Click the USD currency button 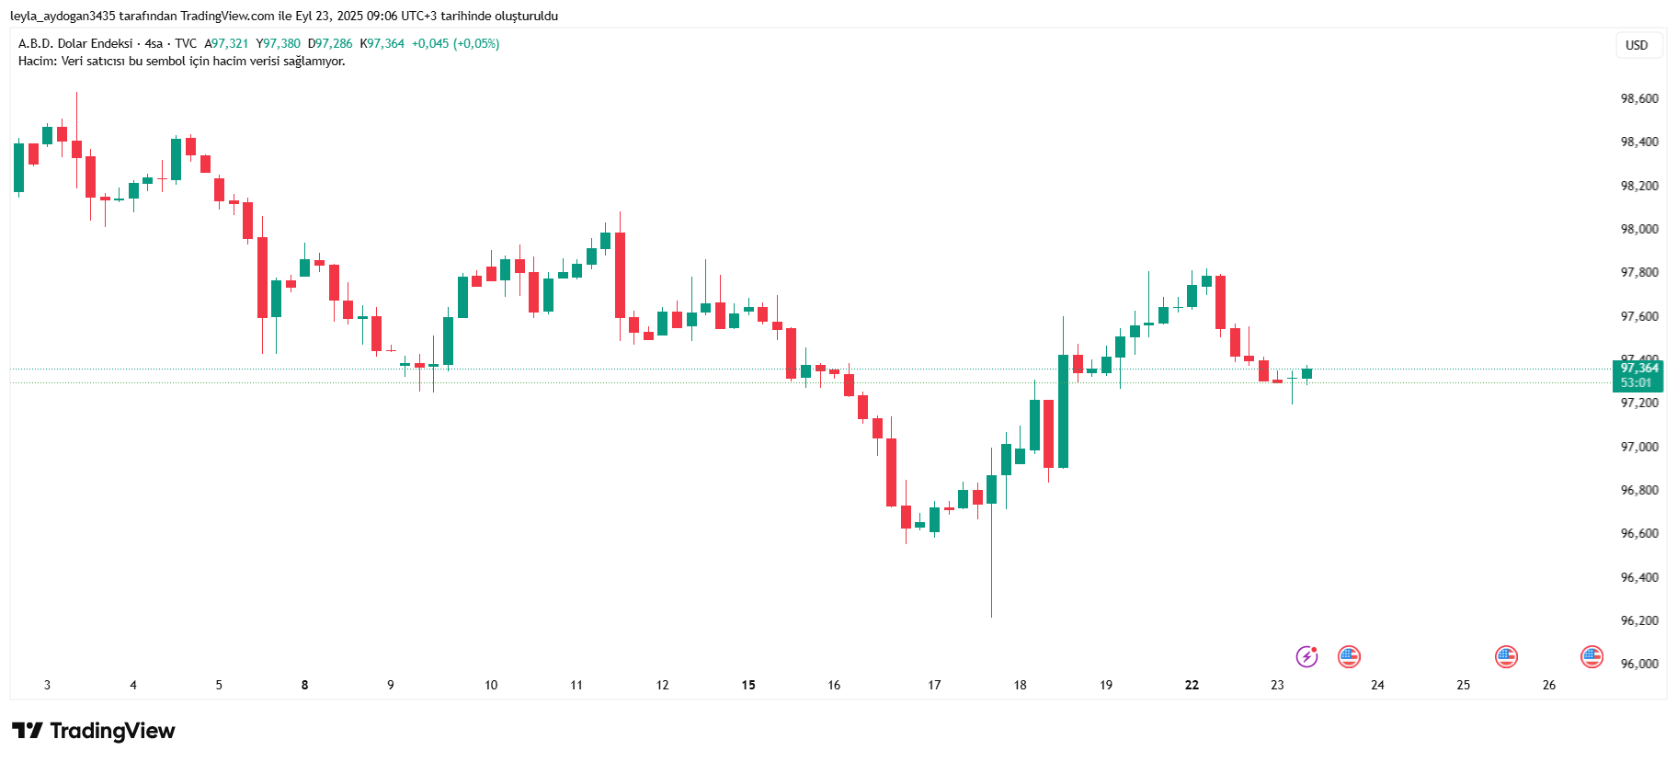[x=1637, y=45]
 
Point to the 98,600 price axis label [x=1639, y=98]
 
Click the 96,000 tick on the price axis [x=1639, y=664]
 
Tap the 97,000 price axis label [x=1639, y=447]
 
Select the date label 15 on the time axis [x=748, y=685]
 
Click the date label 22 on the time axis [x=1192, y=685]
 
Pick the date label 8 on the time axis [x=304, y=685]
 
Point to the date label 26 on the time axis [x=1549, y=685]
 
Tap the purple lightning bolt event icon [x=1306, y=656]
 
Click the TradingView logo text [x=111, y=731]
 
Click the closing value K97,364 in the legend [x=382, y=43]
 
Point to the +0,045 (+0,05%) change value [x=455, y=43]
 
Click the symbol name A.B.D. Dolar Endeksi [x=75, y=43]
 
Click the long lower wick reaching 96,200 [x=991, y=570]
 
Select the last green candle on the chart [x=1306, y=373]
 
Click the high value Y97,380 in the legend [x=279, y=43]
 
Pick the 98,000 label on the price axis [x=1639, y=229]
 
